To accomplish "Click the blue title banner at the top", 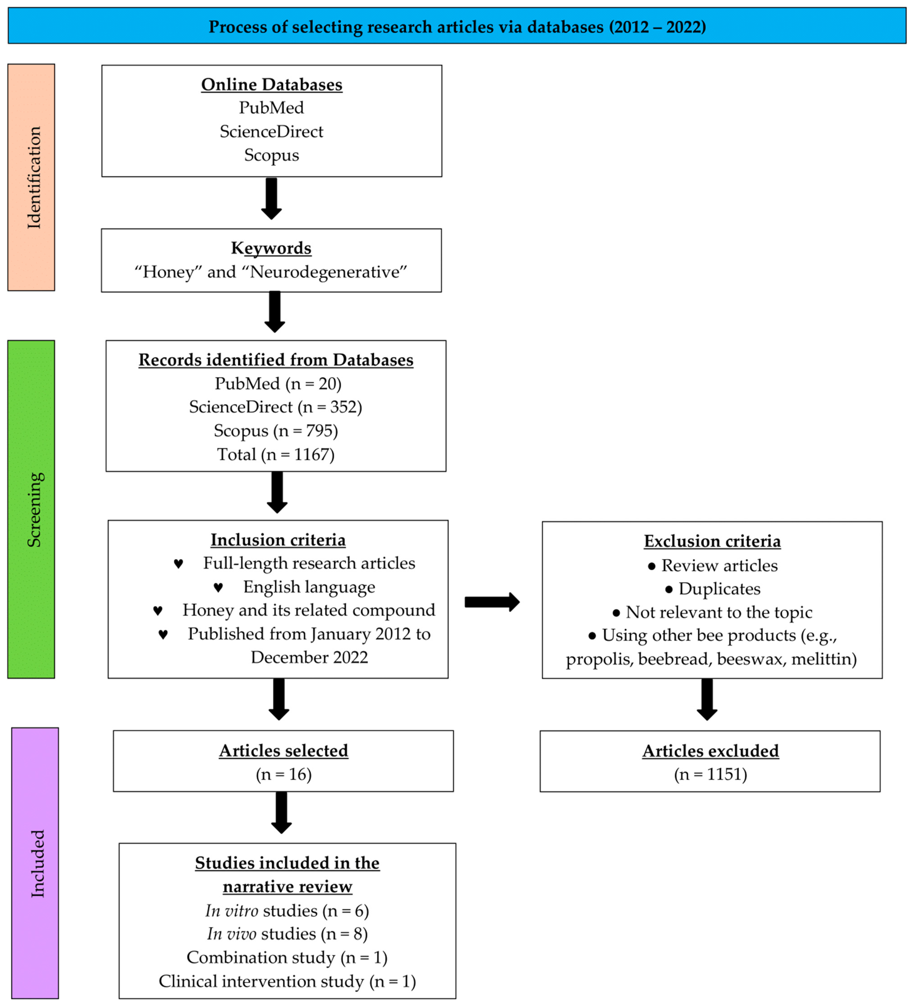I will coord(457,26).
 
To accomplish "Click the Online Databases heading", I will coord(271,85).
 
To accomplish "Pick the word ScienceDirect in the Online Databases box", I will coord(271,131).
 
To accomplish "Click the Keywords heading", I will coord(271,248).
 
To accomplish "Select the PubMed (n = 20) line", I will coord(278,383).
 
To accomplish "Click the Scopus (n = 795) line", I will coord(276,430).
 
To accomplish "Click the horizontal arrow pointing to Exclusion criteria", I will coord(492,602).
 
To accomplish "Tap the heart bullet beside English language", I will coord(218,587).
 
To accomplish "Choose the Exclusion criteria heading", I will coord(712,541).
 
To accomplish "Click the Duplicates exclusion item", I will coord(719,589).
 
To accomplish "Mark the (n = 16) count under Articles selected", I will coord(283,775).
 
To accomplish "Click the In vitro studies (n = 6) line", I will coord(287,911).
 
